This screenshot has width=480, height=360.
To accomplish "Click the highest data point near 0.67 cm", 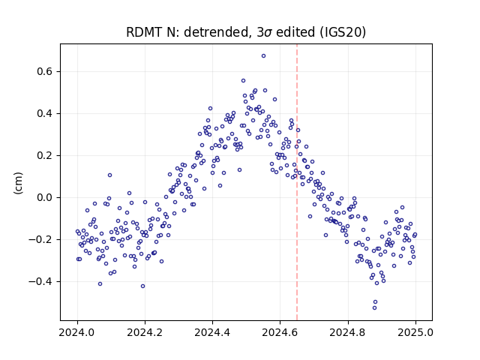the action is pos(263,56).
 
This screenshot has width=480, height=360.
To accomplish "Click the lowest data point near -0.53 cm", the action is pos(374,307).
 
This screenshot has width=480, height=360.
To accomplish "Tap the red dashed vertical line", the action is pos(297,182).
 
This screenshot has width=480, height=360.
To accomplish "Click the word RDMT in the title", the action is pos(145,32).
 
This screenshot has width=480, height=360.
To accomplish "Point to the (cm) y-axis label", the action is pos(18,183).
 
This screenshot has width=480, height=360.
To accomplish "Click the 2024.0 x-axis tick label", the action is pos(77,332).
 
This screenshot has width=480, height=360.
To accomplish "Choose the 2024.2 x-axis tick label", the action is pos(145,332).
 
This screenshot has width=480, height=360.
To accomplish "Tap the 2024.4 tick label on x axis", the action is pos(212,332).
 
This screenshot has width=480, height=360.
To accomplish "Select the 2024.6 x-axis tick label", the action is pos(280,332).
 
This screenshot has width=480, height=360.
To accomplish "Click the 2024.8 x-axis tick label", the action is pos(348,332).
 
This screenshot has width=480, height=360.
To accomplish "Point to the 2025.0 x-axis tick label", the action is pos(415,332).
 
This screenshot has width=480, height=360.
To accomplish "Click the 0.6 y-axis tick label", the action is pos(44,72).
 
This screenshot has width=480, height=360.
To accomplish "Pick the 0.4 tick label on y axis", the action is pos(44,113).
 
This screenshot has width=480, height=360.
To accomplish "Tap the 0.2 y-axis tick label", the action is pos(44,155).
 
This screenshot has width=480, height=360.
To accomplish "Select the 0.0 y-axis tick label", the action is pos(44,197).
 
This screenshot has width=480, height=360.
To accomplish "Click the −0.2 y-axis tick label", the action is pos(40,239).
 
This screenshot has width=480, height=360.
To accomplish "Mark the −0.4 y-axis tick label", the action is pos(40,281).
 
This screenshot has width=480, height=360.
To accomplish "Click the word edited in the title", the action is pos(295,32).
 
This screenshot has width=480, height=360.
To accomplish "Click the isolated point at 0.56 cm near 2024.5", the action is pos(243,80).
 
